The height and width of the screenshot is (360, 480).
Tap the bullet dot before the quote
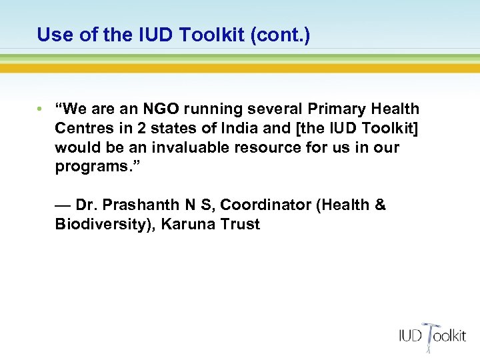[41, 109]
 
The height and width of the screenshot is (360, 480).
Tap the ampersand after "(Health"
[380, 205]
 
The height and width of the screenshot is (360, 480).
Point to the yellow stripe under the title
[240, 68]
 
